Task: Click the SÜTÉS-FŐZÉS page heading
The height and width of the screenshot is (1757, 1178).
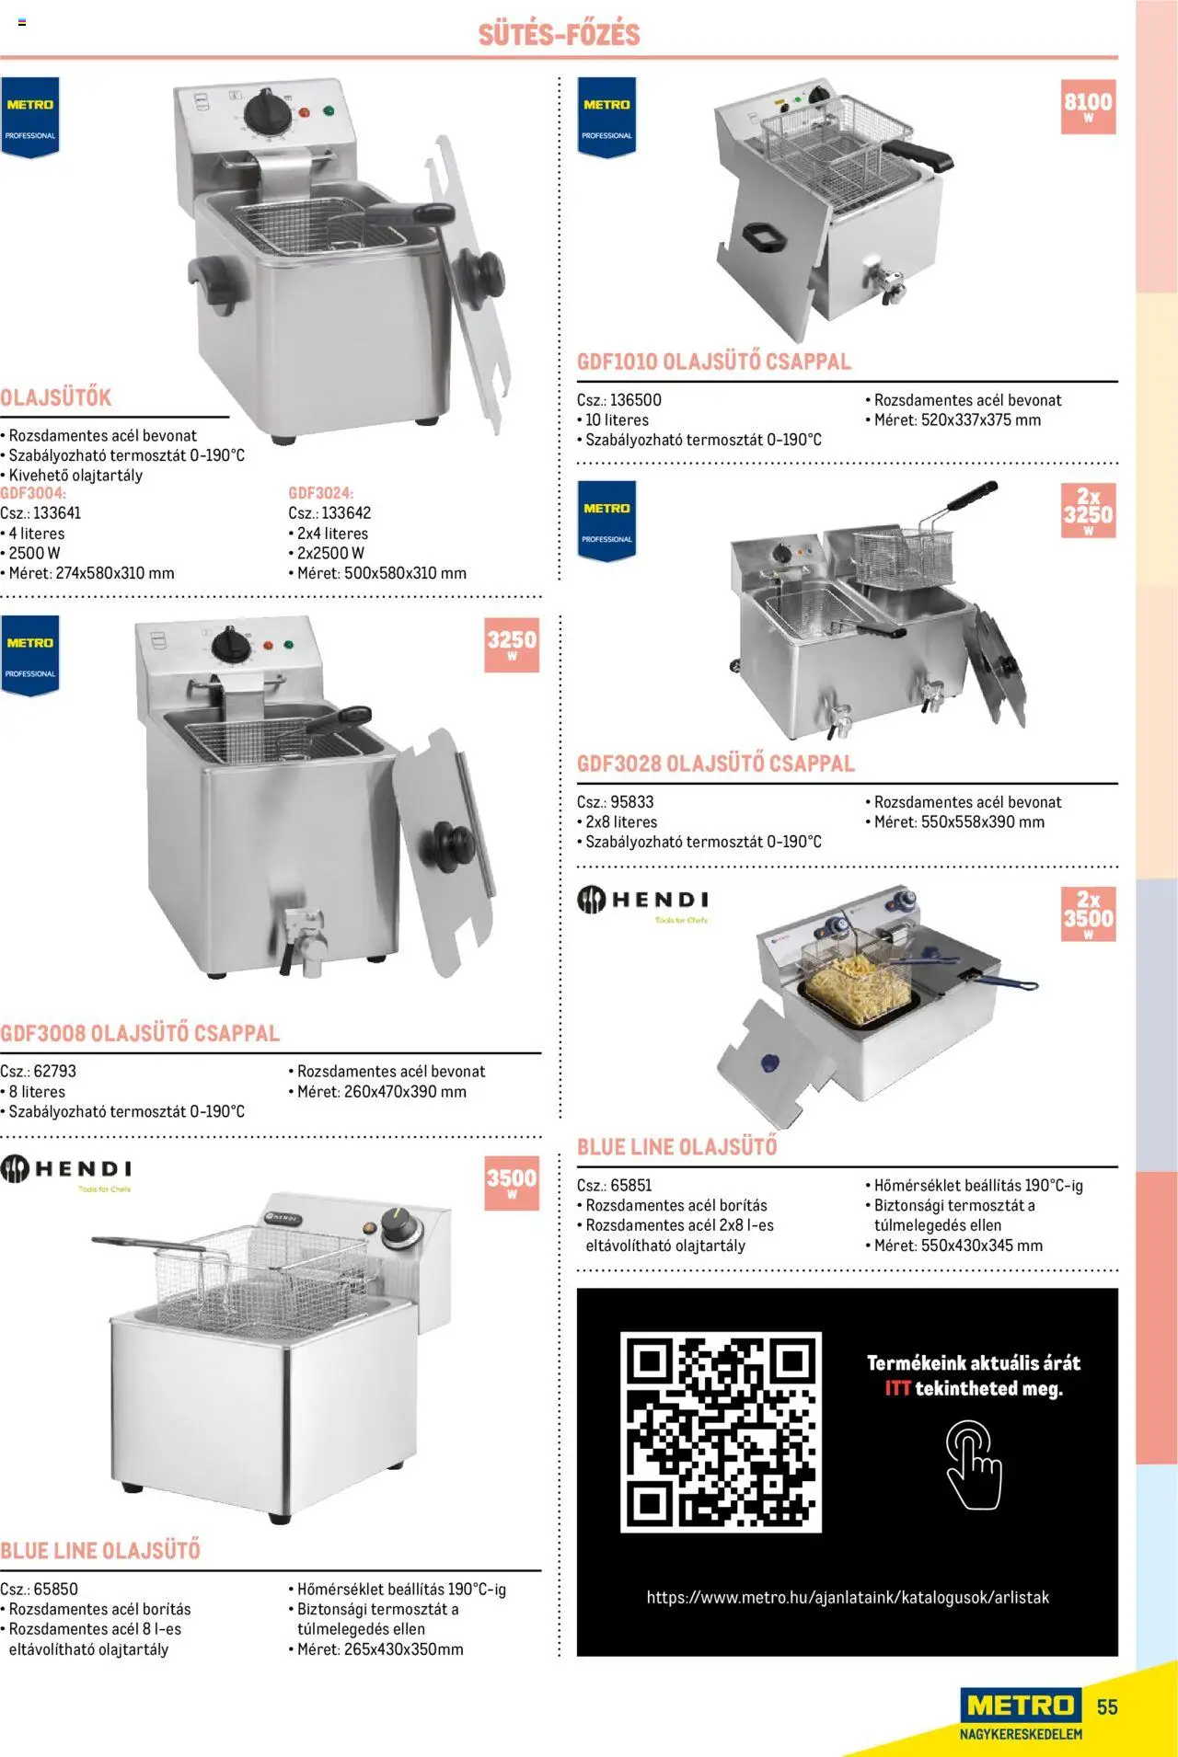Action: pos(559,34)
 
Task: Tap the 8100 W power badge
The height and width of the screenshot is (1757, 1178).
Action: pos(1088,106)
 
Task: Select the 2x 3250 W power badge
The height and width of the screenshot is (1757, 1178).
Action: pos(1088,511)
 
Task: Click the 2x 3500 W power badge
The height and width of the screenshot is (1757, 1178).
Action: pos(1088,913)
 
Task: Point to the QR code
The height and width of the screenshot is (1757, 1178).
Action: pos(721,1431)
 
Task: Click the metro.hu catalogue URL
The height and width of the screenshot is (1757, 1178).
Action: pos(848,1598)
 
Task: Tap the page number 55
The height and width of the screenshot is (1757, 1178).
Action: pos(1107,1707)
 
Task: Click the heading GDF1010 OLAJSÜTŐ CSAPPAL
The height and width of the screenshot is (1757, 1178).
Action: pos(714,362)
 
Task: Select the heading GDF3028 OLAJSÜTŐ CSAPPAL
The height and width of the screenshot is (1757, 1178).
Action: pos(716,764)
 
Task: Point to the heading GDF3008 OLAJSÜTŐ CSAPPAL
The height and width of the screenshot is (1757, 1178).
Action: pos(140,1033)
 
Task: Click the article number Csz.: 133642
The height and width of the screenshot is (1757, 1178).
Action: pos(329,513)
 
